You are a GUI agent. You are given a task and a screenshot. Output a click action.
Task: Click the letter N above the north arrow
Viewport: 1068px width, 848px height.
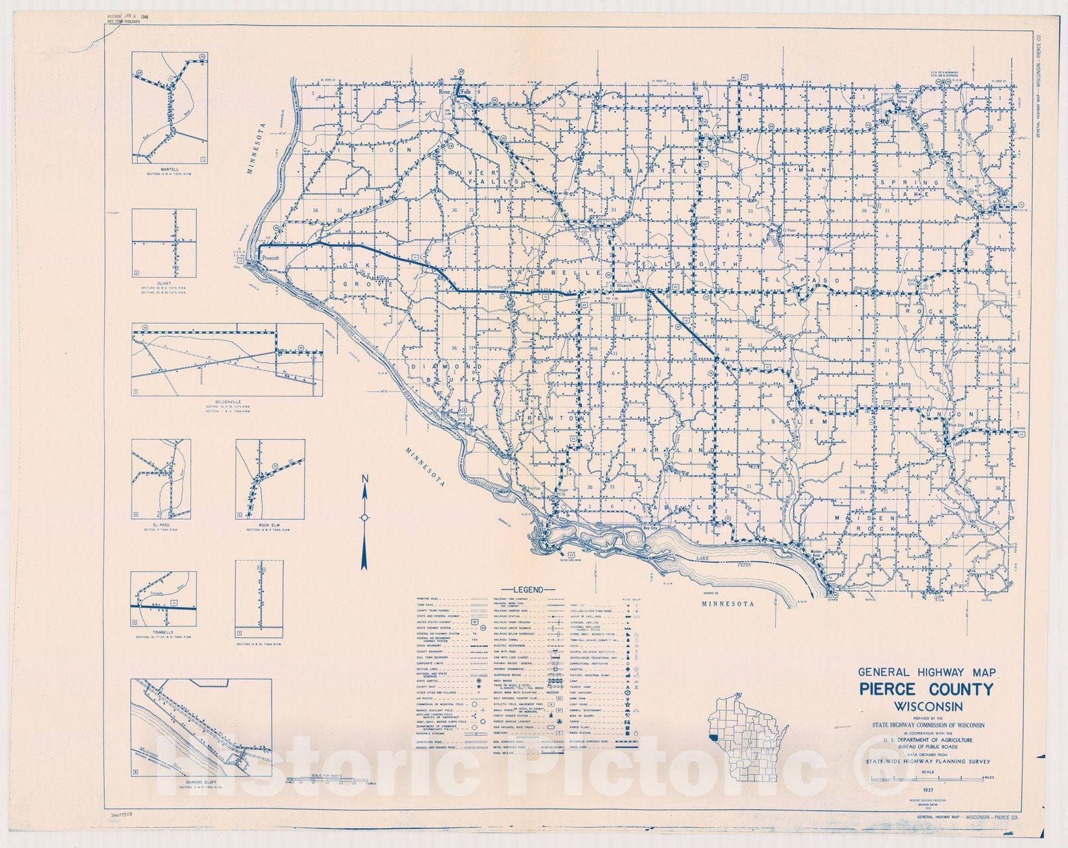pyautogui.click(x=365, y=478)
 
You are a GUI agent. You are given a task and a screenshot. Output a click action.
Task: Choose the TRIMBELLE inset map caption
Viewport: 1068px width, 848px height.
pyautogui.click(x=163, y=632)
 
